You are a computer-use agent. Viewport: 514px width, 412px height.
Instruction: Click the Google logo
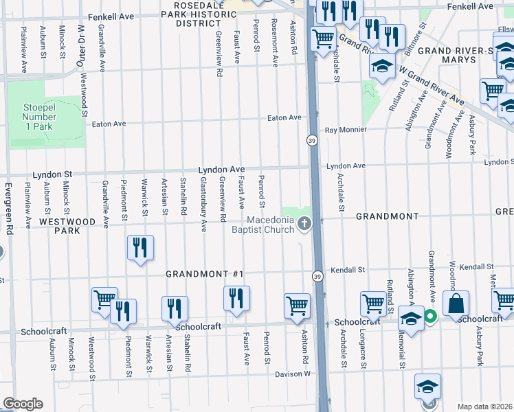pyautogui.click(x=23, y=404)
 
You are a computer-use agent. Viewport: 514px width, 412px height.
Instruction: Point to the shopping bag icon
pyautogui.click(x=456, y=303)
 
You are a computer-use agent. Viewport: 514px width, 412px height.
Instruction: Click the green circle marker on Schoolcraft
pyautogui.click(x=430, y=317)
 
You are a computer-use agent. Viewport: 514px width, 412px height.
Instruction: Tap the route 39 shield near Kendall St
pyautogui.click(x=317, y=276)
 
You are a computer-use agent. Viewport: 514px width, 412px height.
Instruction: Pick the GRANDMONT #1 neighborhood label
pyautogui.click(x=205, y=274)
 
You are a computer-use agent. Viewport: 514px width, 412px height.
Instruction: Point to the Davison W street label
pyautogui.click(x=293, y=374)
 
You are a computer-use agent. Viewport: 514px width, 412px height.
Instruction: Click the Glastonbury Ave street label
pyautogui.click(x=203, y=204)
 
